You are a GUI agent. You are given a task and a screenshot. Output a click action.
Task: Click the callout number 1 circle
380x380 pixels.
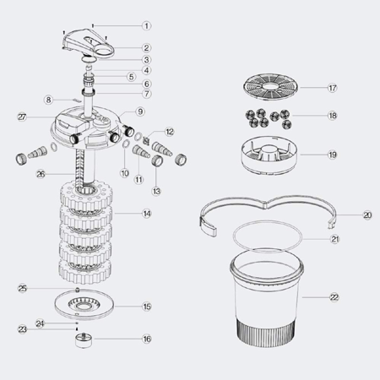coord(146,26)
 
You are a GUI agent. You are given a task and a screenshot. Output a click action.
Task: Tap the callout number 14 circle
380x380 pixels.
coord(147,214)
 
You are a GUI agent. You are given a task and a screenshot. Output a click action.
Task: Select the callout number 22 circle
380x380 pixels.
coord(334,297)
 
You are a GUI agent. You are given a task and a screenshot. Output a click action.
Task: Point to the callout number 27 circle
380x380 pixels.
coord(22,117)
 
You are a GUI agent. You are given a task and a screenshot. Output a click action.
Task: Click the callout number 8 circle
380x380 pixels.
coord(49,100)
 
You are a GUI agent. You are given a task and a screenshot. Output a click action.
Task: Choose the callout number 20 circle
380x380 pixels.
coord(367,215)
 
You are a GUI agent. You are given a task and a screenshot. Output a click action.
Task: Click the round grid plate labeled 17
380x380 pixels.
coord(270,88)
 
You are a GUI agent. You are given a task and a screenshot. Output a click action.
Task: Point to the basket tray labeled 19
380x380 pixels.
coord(270,155)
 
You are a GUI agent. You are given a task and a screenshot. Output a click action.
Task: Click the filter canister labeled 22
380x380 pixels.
coord(267,298)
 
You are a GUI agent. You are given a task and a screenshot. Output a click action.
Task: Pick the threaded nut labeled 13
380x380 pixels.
coord(157,160)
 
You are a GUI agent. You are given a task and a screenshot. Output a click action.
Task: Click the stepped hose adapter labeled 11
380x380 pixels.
coord(141,152)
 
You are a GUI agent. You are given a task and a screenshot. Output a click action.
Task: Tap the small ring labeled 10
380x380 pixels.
coord(126,144)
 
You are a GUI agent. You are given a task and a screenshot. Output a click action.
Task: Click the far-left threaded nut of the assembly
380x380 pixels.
coord(21,159)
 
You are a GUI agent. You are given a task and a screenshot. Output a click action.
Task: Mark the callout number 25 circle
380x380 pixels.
coord(23,289)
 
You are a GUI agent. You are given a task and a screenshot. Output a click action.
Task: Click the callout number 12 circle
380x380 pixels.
coord(170,132)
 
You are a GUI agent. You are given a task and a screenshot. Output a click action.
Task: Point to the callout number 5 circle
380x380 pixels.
coord(131,77)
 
